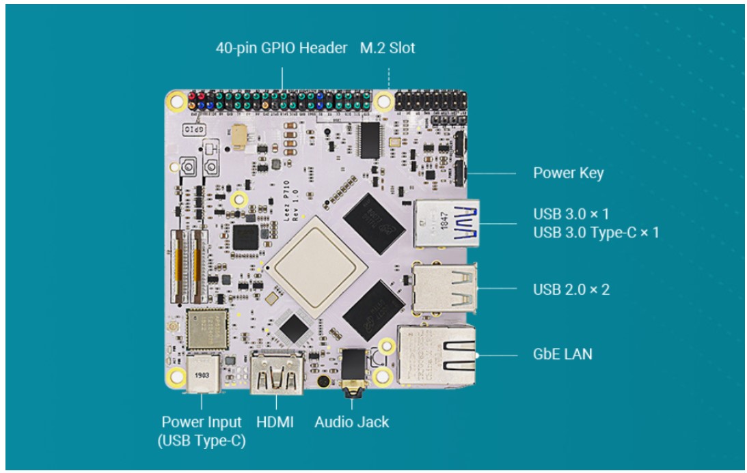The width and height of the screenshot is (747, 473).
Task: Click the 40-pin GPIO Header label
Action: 281,48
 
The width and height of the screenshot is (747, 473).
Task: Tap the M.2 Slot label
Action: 388,48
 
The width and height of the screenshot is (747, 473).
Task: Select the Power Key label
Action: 569,173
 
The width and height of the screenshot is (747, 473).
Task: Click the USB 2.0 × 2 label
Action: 571,289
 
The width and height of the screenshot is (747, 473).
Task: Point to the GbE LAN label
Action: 562,354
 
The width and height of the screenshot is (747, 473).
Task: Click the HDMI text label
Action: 275,422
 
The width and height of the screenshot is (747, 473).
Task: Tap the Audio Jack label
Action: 351,422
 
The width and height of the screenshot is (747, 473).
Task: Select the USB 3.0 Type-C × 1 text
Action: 596,233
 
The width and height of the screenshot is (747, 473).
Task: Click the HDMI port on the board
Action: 277,373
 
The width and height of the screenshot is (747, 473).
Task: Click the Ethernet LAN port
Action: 437,355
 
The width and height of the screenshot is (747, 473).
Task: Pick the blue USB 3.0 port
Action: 446,223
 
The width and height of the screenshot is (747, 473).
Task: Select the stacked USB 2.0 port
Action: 444,288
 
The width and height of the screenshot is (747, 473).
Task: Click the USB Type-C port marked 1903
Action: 202,375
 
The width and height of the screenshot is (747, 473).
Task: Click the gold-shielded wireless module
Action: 207,329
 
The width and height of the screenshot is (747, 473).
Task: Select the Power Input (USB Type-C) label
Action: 202,431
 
